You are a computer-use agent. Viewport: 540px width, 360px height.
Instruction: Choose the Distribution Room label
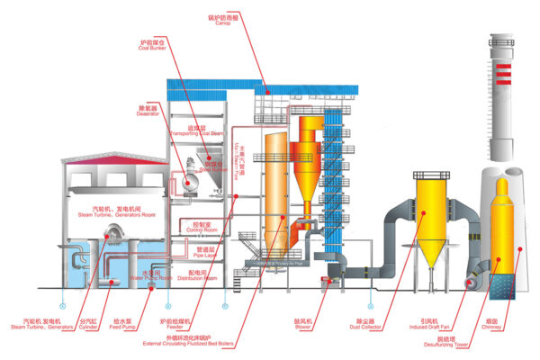pos(199,276)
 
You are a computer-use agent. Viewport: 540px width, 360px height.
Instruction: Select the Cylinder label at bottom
pos(87,322)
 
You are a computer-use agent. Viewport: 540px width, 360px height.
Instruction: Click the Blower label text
pos(328,322)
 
